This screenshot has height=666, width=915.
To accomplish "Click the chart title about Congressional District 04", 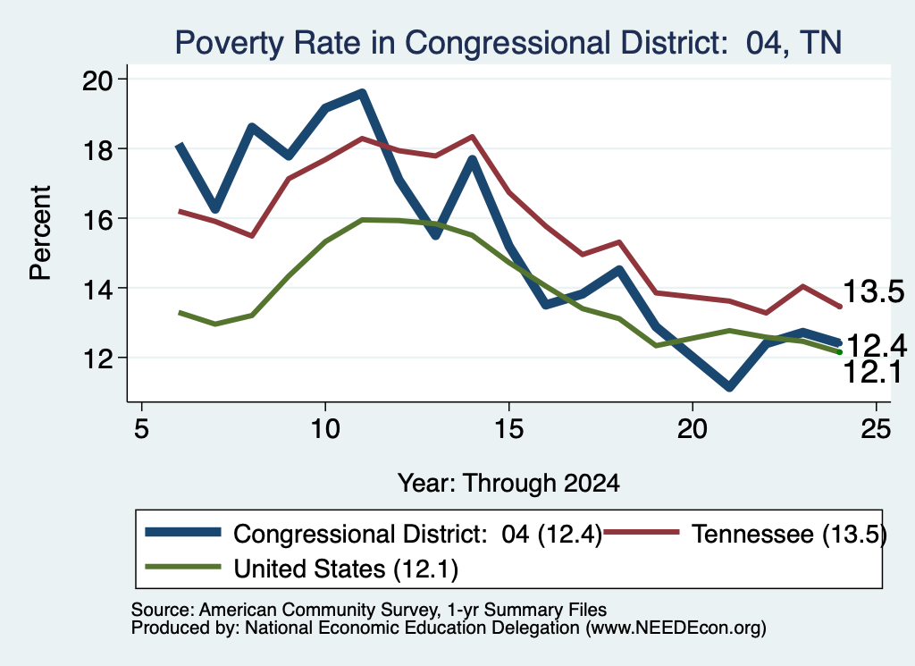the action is (508, 43).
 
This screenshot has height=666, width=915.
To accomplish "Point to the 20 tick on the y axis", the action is (98, 80).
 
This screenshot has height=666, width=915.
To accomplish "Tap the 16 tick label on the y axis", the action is (98, 219).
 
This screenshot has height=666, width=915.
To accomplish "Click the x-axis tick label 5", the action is (141, 429).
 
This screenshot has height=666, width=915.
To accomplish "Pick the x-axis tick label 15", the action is (508, 429).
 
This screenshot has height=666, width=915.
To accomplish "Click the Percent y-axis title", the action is (40, 233).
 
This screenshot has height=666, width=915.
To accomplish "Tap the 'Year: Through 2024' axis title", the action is (508, 484).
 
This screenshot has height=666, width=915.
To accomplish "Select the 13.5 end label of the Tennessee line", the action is (873, 291).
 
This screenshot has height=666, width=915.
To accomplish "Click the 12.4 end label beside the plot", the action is (876, 346).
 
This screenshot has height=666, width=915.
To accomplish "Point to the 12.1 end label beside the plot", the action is (873, 372).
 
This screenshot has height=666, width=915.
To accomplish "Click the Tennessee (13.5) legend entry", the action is (744, 534).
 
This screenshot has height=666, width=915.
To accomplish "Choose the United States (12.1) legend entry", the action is (302, 569).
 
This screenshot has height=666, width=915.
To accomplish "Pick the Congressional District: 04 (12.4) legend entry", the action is (374, 534).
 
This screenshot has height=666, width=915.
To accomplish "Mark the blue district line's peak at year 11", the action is (362, 93).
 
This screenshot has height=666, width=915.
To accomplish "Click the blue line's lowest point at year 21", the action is (729, 387).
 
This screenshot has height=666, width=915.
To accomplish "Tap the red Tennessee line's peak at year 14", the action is (472, 137).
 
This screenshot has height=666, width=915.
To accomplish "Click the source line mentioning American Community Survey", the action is (369, 610).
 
